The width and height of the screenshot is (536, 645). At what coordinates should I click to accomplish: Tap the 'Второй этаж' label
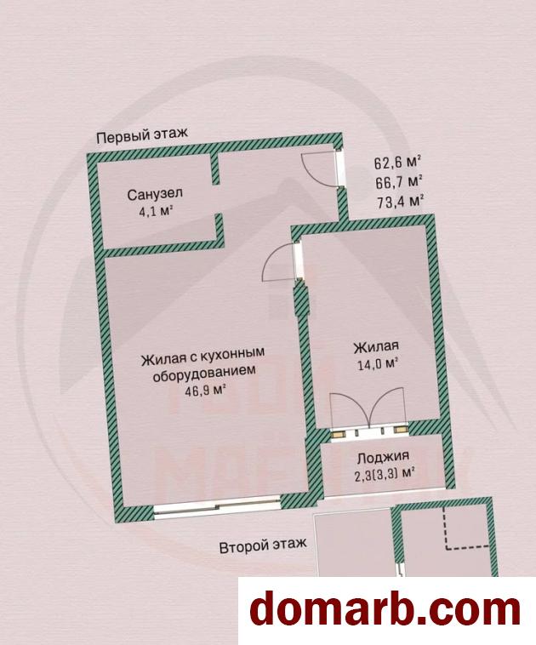263,545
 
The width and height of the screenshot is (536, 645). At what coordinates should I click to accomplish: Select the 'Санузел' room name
150,193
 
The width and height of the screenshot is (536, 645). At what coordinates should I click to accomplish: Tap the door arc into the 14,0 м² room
277,262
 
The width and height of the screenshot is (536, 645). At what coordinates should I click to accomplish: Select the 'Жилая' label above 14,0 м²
376,346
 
